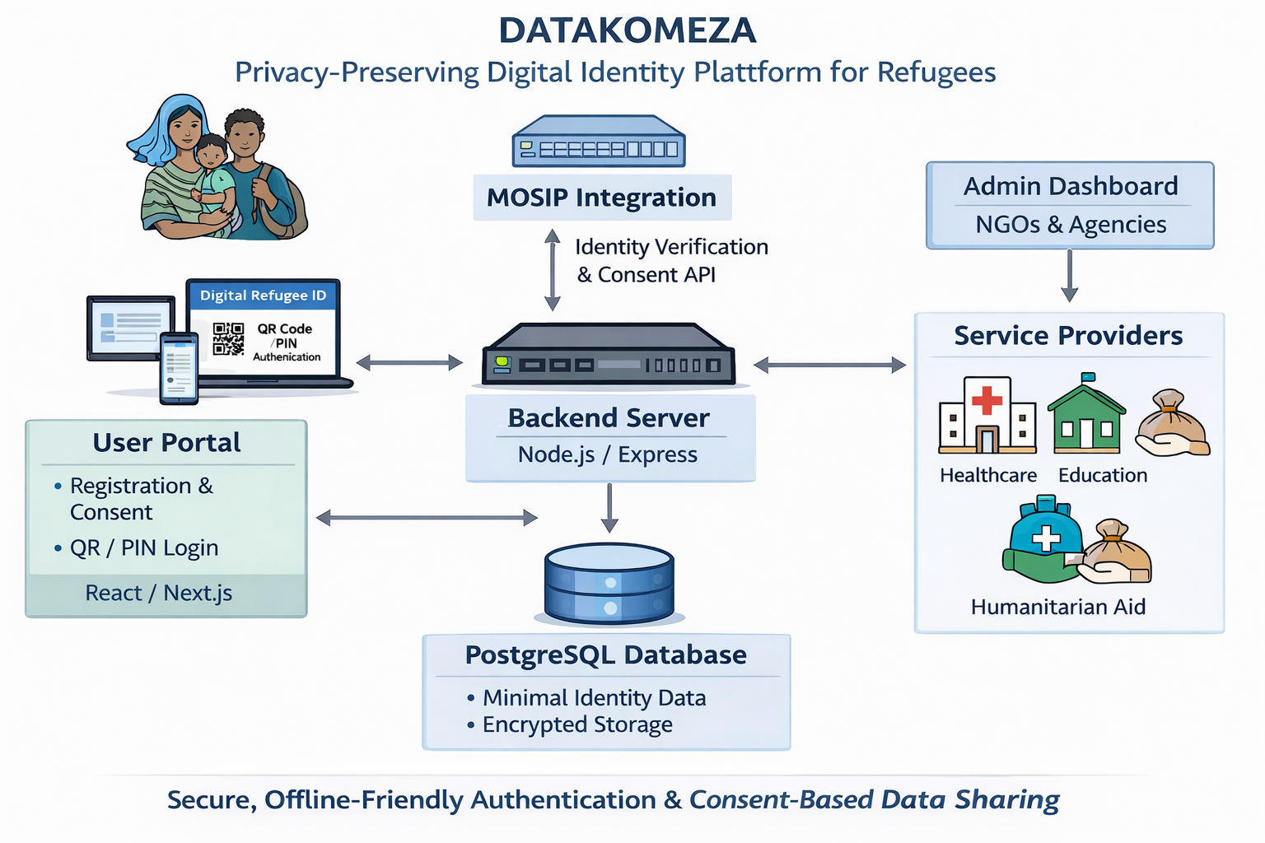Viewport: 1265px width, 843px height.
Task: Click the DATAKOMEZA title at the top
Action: (x=627, y=31)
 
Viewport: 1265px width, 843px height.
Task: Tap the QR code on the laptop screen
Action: (x=228, y=338)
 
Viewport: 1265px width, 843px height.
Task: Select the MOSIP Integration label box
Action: (x=601, y=198)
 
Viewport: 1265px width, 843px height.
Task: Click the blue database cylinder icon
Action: (x=609, y=583)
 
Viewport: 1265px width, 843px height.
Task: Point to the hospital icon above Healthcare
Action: (x=987, y=416)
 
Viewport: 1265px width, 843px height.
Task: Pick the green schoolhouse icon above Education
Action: (x=1086, y=415)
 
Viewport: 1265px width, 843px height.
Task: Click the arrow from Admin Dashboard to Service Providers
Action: (x=1069, y=276)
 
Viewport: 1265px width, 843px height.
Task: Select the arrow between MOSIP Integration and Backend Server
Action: (x=553, y=270)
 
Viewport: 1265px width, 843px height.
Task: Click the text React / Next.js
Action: (x=159, y=593)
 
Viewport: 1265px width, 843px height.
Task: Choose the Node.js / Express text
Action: (x=608, y=454)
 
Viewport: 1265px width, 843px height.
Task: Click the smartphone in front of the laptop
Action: (x=179, y=368)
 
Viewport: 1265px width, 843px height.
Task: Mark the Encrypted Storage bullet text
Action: (x=577, y=724)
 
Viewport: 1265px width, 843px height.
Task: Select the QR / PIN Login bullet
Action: (x=144, y=548)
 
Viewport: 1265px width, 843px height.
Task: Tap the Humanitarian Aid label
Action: (x=1058, y=607)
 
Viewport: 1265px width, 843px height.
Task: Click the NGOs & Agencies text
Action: (x=1071, y=225)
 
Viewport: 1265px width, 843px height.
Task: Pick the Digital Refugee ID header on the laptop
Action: (x=263, y=296)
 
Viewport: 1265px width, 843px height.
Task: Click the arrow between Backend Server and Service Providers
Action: (x=829, y=365)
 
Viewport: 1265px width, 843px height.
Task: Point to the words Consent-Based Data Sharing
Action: (x=875, y=799)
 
